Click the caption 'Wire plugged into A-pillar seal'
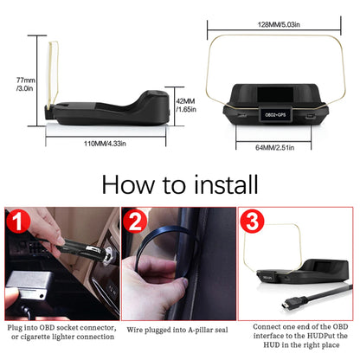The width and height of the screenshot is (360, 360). (179, 330)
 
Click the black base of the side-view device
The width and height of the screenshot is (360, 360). (104, 112)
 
